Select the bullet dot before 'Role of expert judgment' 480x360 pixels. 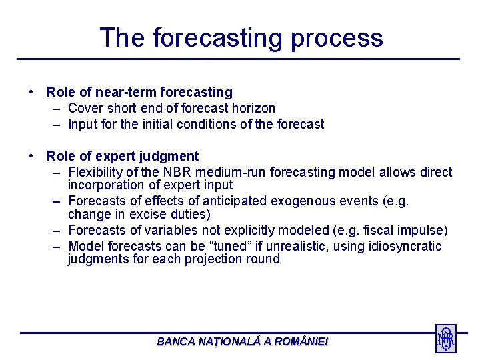pyautogui.click(x=31, y=156)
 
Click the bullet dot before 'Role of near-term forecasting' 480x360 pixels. pyautogui.click(x=31, y=92)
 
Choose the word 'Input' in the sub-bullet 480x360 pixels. pyautogui.click(x=83, y=124)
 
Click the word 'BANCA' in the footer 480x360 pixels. pyautogui.click(x=177, y=342)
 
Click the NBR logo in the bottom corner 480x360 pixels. pyautogui.click(x=445, y=339)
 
